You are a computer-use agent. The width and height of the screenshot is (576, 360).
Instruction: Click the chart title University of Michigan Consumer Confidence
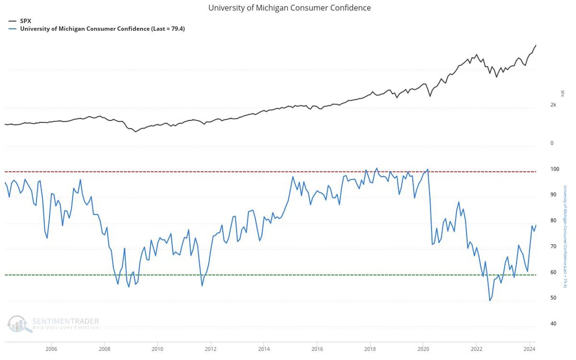289,8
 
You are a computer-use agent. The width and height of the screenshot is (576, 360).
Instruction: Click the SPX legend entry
25,21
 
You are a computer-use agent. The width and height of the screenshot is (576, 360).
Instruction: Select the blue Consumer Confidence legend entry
102,29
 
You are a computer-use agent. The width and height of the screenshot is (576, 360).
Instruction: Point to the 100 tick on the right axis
554,169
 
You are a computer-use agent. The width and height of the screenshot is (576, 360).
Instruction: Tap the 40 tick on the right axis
553,323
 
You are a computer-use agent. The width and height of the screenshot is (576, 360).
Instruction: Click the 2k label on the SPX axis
553,104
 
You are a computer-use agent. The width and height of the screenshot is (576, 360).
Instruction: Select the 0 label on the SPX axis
552,143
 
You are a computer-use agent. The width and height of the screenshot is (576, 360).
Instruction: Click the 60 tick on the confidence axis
553,272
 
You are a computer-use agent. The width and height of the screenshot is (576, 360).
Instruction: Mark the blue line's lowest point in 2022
490,300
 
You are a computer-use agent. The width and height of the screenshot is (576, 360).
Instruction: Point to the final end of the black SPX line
536,45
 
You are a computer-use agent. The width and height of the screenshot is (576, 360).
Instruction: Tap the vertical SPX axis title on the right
562,93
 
